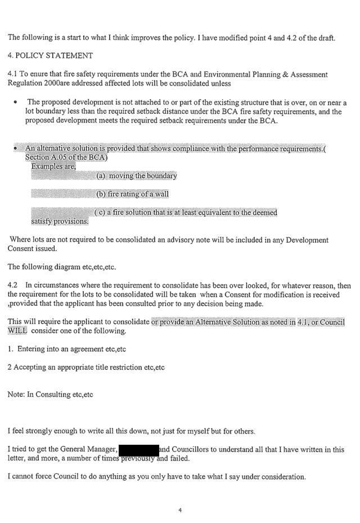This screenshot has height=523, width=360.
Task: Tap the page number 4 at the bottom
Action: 180,511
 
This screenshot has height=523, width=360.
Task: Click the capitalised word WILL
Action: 17,331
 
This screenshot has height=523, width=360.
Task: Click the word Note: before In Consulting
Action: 16,395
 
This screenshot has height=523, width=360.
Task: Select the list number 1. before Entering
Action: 11,349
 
